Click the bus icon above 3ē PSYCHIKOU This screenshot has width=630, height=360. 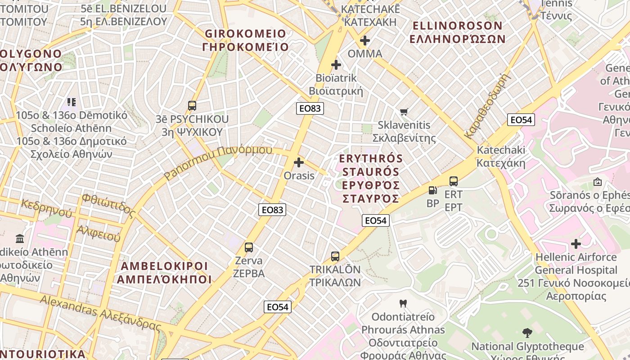(x=192, y=106)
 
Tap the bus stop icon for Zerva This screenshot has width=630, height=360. (x=248, y=247)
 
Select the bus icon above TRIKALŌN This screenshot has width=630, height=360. (x=335, y=256)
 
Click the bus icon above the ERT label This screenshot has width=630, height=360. (x=453, y=181)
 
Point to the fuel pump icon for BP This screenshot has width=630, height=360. (x=432, y=190)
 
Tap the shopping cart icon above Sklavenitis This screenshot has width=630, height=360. (x=404, y=112)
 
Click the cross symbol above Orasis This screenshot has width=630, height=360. (x=299, y=162)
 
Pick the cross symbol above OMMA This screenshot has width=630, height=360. (x=365, y=41)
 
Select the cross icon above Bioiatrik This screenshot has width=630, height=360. (x=336, y=65)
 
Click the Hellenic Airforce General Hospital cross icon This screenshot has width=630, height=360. (x=576, y=244)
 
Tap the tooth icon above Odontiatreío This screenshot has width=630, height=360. (x=403, y=304)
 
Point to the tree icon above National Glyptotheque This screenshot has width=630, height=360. (x=527, y=333)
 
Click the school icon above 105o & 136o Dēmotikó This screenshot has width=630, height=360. (x=72, y=102)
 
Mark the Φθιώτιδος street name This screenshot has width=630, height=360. (x=108, y=205)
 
